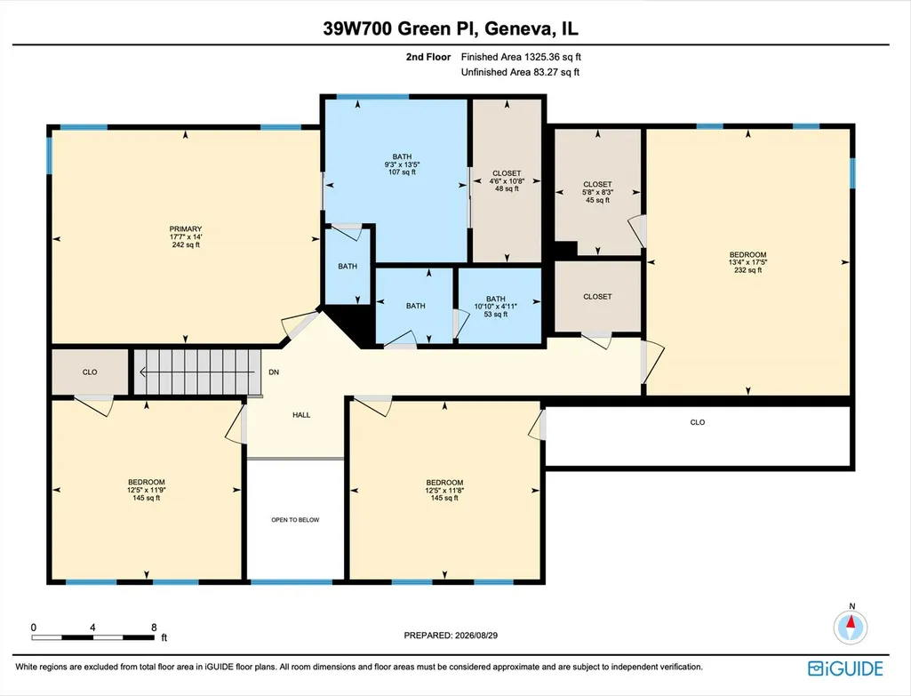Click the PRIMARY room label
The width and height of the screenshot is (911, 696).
point(186,229)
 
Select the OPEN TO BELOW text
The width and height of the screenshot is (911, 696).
point(295,520)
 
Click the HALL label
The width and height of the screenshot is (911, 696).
point(301,415)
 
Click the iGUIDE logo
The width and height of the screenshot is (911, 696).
point(845,668)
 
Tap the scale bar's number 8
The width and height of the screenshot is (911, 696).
point(154,628)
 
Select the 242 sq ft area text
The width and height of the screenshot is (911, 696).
point(186,244)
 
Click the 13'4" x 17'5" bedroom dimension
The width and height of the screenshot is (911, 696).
point(747,262)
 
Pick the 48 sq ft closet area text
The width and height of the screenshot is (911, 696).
point(507,188)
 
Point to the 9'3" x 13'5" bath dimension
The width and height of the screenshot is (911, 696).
point(402,164)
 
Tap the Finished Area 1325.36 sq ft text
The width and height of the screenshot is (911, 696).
point(521,57)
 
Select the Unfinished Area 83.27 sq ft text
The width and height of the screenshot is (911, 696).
point(520,72)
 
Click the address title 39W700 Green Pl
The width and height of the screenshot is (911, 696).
point(401,28)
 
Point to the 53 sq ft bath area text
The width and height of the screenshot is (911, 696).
point(496,315)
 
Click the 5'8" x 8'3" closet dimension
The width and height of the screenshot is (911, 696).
point(597,192)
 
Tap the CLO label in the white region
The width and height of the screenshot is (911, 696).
point(697,422)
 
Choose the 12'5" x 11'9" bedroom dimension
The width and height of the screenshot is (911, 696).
point(147,490)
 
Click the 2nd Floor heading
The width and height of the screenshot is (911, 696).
point(428,57)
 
